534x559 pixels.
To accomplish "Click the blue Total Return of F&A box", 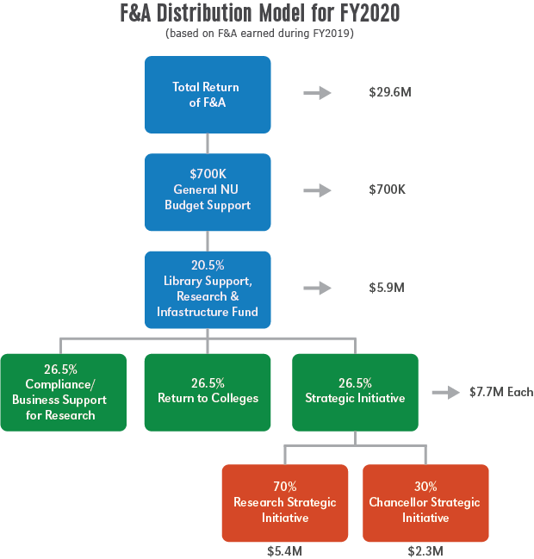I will tap(208, 95).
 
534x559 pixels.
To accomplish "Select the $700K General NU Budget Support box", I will tap(208, 192).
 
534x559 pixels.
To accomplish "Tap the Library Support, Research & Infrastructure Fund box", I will tap(208, 289).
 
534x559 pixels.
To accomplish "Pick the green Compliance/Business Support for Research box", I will tap(63, 392).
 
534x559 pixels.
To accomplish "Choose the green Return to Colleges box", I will tap(208, 392).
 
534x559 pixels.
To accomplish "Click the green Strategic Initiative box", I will tap(356, 392).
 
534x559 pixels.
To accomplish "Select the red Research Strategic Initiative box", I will tap(285, 503).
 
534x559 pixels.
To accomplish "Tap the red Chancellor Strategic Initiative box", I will tap(425, 503).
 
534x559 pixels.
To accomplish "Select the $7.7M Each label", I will tap(500, 393).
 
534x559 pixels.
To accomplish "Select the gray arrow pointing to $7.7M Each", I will tap(445, 393).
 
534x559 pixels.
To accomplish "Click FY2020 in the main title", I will tap(367, 15).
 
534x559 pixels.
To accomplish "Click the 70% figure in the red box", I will tap(285, 487).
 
